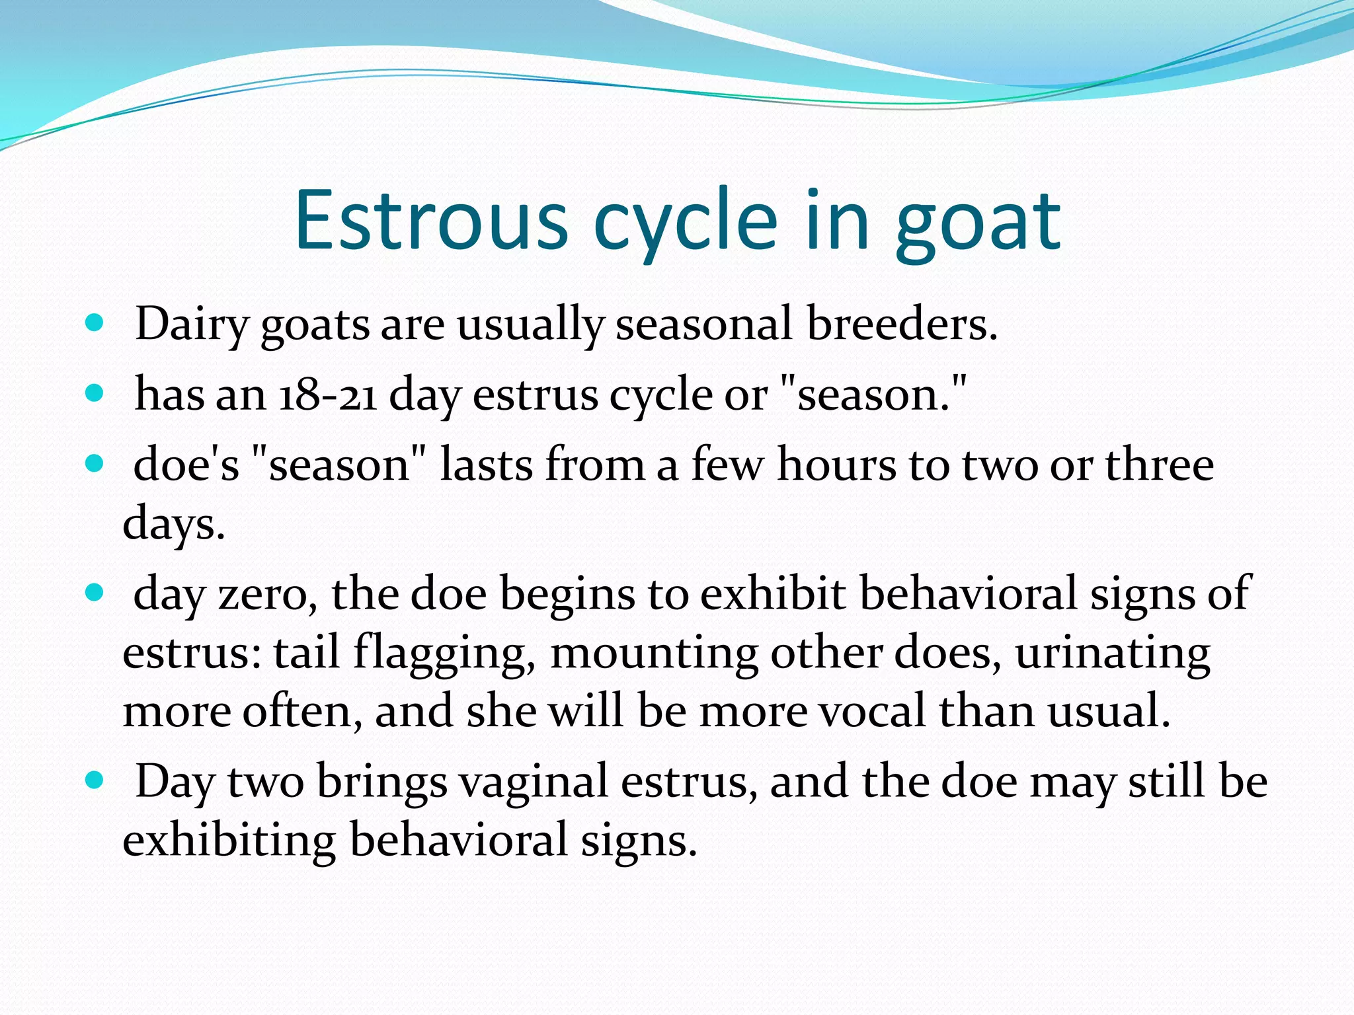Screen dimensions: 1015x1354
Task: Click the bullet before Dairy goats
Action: [95, 323]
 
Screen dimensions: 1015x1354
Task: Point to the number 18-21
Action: [328, 395]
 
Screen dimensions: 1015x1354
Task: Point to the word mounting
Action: [654, 653]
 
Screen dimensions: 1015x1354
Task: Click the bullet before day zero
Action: [95, 592]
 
